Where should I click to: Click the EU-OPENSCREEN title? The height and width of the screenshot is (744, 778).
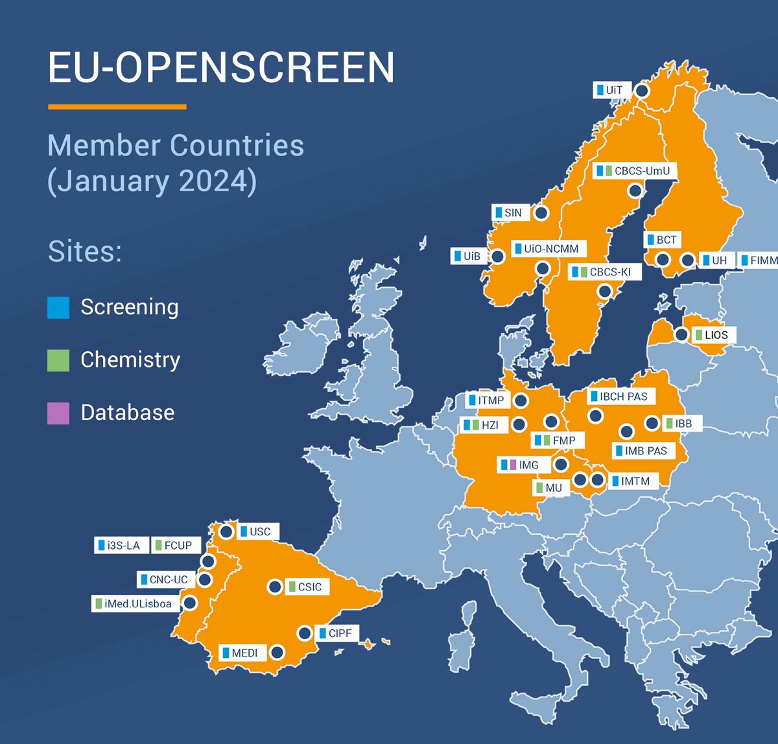pyautogui.click(x=221, y=67)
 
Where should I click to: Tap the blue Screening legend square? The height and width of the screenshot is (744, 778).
pyautogui.click(x=58, y=307)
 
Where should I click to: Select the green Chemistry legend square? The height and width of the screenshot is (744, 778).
pyautogui.click(x=58, y=360)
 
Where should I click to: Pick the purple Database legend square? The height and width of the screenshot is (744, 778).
pyautogui.click(x=58, y=413)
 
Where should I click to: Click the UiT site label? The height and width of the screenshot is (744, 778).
pyautogui.click(x=609, y=90)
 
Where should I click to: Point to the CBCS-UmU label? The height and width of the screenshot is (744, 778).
pyautogui.click(x=633, y=171)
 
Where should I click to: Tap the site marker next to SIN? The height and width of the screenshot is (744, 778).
pyautogui.click(x=541, y=213)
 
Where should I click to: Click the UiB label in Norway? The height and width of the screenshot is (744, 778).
pyautogui.click(x=467, y=256)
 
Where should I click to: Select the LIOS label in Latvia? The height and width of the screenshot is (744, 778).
pyautogui.click(x=711, y=335)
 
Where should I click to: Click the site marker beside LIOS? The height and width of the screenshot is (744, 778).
pyautogui.click(x=681, y=334)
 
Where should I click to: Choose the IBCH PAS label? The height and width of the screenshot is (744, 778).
pyautogui.click(x=619, y=396)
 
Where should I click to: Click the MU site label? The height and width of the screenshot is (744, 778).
pyautogui.click(x=549, y=487)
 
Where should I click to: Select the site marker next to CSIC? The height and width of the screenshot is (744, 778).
pyautogui.click(x=275, y=587)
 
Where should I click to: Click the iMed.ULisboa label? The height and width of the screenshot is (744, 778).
pyautogui.click(x=134, y=604)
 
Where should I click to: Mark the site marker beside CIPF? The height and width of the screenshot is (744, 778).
pyautogui.click(x=305, y=633)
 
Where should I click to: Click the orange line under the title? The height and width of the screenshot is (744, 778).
pyautogui.click(x=117, y=107)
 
